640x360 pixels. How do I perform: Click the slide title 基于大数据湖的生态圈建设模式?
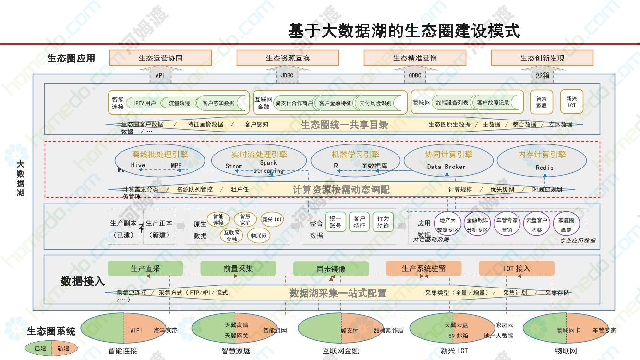(x=404, y=31)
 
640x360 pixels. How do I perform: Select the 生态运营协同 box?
(x=160, y=58)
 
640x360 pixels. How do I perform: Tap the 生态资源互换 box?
(x=288, y=58)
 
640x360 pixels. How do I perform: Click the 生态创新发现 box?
(x=542, y=58)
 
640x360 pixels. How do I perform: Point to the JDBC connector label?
(x=287, y=75)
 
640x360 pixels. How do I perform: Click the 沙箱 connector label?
(x=543, y=75)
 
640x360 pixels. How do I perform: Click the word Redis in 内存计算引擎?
(x=544, y=168)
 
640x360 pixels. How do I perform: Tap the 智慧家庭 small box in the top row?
(x=541, y=102)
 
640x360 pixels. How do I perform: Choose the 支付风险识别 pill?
(x=375, y=103)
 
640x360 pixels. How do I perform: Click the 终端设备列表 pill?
(x=452, y=102)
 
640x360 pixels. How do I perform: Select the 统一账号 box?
(x=335, y=222)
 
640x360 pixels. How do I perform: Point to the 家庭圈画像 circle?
(x=566, y=224)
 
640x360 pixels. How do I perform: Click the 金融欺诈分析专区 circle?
(x=477, y=225)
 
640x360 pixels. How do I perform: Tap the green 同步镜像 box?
(x=331, y=269)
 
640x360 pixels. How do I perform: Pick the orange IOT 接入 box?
(x=517, y=268)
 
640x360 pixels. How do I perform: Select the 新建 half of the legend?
(x=63, y=348)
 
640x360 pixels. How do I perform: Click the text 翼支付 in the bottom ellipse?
(x=350, y=330)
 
